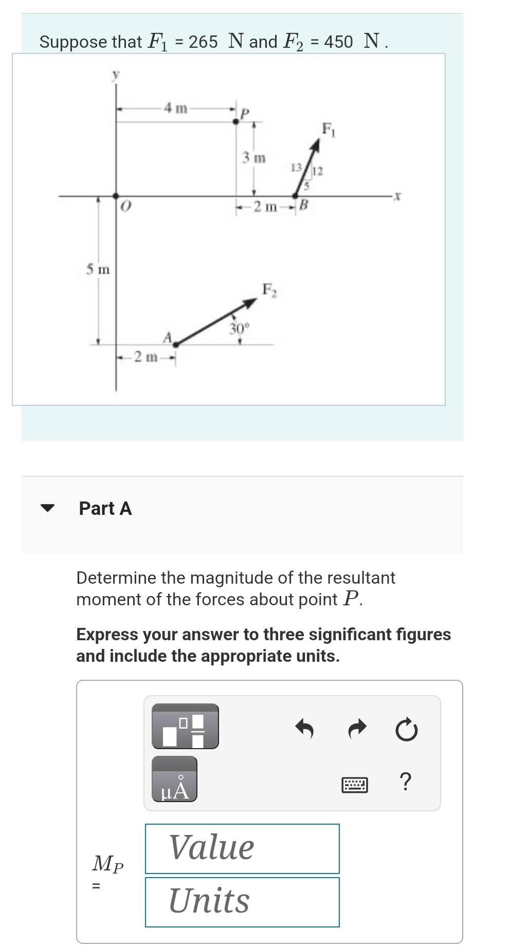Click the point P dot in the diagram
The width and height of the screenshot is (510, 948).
tap(236, 121)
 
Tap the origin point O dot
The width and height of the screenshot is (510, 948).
tap(116, 196)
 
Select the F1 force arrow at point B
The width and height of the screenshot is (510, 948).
tap(308, 168)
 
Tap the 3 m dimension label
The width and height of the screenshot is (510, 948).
tap(254, 158)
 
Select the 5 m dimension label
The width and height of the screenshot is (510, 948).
tap(98, 269)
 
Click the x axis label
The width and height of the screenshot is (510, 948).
tap(397, 196)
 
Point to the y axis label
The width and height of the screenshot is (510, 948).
tap(116, 75)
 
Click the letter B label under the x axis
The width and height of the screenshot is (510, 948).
tap(303, 207)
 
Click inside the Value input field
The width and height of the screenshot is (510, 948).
tap(242, 848)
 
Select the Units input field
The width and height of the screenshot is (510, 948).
tap(242, 902)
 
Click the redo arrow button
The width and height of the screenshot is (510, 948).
tap(357, 728)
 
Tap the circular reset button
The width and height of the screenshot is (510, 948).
tap(406, 729)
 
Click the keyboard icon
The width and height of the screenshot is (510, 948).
tap(355, 785)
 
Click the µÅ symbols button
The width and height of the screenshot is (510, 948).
tap(174, 779)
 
